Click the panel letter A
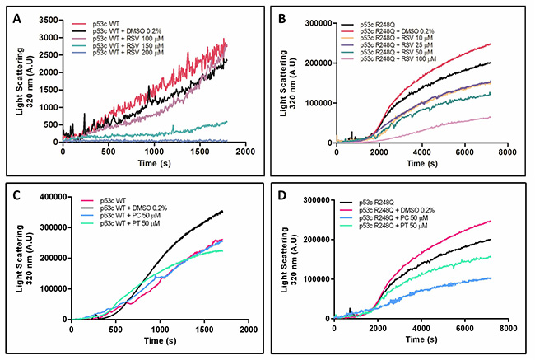pyautogui.click(x=16, y=19)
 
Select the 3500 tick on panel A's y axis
pyautogui.click(x=49, y=20)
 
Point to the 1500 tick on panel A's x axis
pyautogui.click(x=200, y=152)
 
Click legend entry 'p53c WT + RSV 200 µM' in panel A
pyautogui.click(x=128, y=53)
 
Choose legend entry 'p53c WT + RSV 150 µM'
pyautogui.click(x=128, y=46)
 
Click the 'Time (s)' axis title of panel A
pyautogui.click(x=154, y=163)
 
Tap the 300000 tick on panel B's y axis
pyautogui.click(x=318, y=23)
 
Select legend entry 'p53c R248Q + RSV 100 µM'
pyautogui.click(x=398, y=59)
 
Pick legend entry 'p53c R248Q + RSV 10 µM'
pyautogui.click(x=396, y=38)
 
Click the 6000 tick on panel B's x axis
pyautogui.click(x=464, y=152)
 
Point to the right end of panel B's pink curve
pyautogui.click(x=491, y=118)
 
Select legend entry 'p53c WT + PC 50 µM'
pyautogui.click(x=130, y=216)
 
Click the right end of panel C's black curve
pyautogui.click(x=222, y=211)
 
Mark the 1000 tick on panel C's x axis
pyautogui.click(x=160, y=330)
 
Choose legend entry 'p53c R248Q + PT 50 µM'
pyautogui.click(x=393, y=226)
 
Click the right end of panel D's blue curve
pyautogui.click(x=491, y=278)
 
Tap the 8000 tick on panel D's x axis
pyautogui.click(x=508, y=328)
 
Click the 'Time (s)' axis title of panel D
pyautogui.click(x=421, y=339)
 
